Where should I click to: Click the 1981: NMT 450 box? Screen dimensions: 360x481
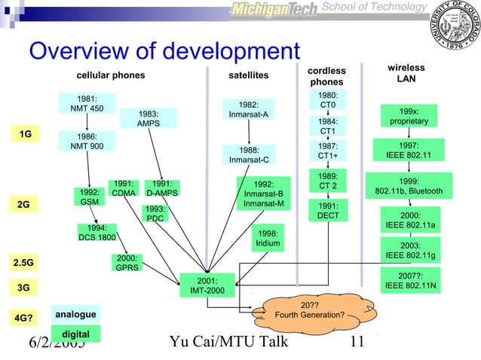(87, 103)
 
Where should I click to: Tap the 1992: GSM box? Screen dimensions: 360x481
(89, 197)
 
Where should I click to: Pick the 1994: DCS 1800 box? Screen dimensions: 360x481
(97, 233)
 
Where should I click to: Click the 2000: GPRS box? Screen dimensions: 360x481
(127, 263)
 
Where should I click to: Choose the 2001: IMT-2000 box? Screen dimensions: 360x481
(202, 286)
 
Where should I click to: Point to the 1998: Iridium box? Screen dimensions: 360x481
(268, 239)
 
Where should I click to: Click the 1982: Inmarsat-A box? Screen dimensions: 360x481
(249, 110)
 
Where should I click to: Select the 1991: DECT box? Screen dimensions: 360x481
(328, 210)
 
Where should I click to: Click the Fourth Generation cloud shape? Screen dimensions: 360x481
(309, 310)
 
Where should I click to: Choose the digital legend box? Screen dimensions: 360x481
(75, 334)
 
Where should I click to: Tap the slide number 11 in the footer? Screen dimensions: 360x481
(357, 343)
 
